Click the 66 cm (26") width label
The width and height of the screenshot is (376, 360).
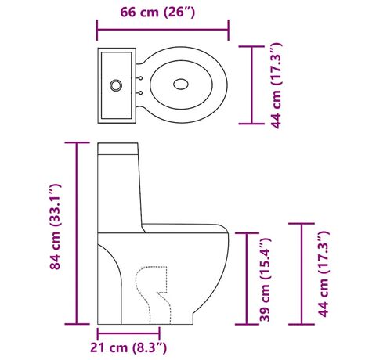[157, 12]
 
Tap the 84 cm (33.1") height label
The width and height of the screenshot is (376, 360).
[56, 226]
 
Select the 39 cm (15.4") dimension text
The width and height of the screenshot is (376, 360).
[266, 279]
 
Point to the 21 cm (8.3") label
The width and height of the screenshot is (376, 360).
[128, 347]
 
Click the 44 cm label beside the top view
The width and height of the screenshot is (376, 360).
[277, 85]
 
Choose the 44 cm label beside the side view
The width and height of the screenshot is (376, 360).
[324, 274]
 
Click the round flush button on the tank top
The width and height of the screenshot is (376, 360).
[116, 85]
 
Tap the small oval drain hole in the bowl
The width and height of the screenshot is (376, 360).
[181, 84]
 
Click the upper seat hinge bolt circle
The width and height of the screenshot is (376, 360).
[140, 77]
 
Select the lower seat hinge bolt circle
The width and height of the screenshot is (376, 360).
[140, 92]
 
